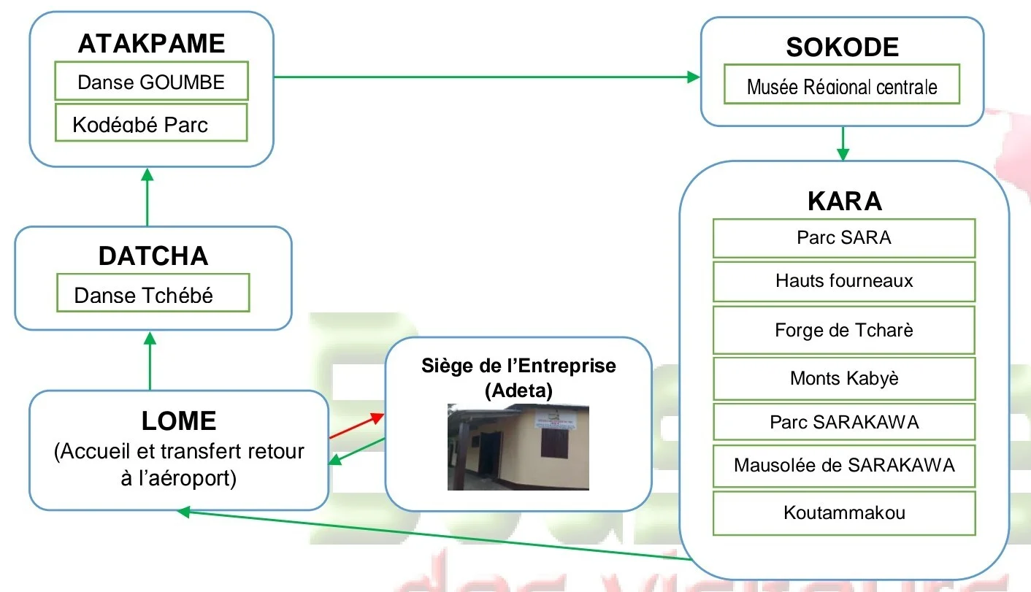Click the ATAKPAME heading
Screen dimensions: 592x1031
tap(151, 44)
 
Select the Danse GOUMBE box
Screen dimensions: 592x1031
tap(152, 82)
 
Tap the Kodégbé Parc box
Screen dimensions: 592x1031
tap(152, 123)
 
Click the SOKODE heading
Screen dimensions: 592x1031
tap(842, 47)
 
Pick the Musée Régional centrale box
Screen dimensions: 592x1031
tap(842, 87)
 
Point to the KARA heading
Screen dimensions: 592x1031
tap(844, 201)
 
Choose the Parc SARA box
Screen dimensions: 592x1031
tap(844, 238)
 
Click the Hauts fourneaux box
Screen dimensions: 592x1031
tap(844, 281)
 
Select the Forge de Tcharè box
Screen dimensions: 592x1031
tap(844, 331)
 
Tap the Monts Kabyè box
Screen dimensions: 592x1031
tap(844, 378)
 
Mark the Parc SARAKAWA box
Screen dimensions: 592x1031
tap(844, 423)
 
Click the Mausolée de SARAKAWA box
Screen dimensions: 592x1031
tap(844, 465)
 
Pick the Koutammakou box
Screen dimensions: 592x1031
tap(844, 512)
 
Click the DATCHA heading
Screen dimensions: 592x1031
tap(153, 256)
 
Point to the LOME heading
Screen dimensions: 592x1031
tap(179, 421)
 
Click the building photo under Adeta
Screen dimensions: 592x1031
tap(518, 447)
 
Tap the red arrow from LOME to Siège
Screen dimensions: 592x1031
tap(356, 426)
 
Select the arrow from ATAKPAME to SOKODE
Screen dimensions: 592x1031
tap(486, 76)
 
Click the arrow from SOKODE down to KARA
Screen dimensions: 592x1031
tap(843, 144)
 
